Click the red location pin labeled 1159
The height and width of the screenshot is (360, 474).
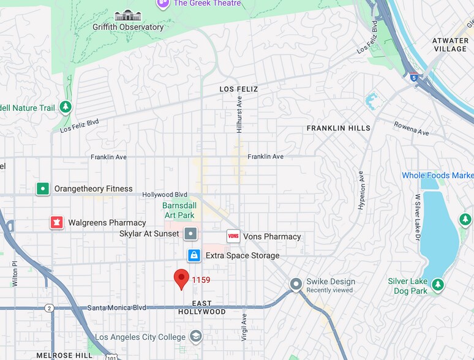181,279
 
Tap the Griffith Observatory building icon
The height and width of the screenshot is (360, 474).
128,15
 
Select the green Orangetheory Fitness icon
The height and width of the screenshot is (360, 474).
42,189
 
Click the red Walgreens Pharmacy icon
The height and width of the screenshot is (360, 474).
57,222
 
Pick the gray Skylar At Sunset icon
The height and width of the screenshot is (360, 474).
192,234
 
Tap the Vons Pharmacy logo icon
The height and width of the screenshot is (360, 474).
233,236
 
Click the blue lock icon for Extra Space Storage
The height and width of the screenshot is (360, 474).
194,255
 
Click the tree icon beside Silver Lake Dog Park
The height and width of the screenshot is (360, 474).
437,285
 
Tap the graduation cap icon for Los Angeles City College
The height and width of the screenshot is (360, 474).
195,336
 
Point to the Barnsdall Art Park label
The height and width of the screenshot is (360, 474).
179,211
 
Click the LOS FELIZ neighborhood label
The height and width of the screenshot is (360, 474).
239,89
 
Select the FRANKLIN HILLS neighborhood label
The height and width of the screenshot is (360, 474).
338,128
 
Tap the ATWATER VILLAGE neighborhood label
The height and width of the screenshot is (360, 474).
450,45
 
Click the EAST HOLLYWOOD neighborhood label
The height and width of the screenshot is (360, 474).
201,307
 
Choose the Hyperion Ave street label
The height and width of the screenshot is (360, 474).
361,190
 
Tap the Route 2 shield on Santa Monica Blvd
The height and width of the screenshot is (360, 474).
50,308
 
